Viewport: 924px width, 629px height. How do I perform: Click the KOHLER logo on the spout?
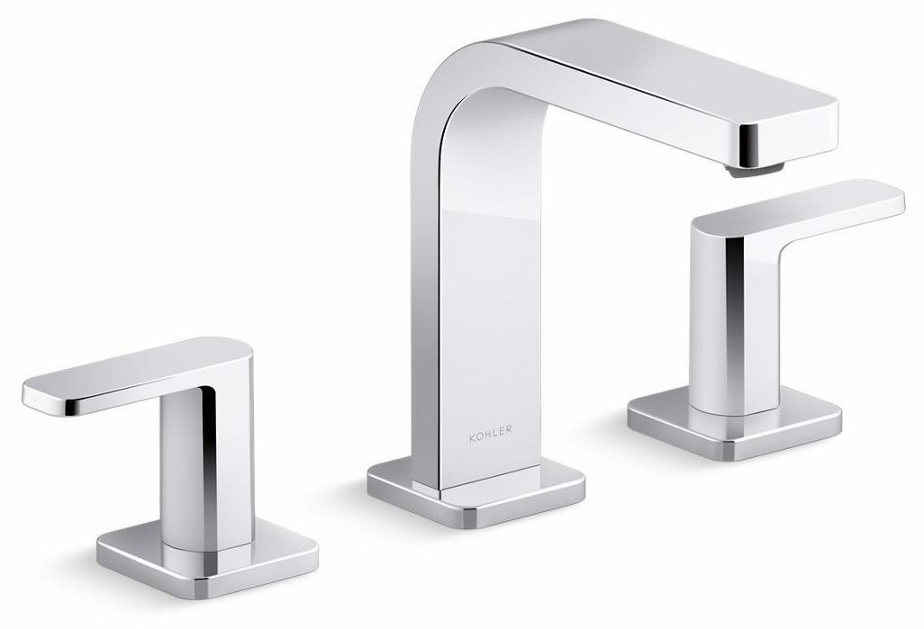(x=490, y=431)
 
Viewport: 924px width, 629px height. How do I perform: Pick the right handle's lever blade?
(x=811, y=202)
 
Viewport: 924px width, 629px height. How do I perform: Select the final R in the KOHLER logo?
(x=510, y=431)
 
